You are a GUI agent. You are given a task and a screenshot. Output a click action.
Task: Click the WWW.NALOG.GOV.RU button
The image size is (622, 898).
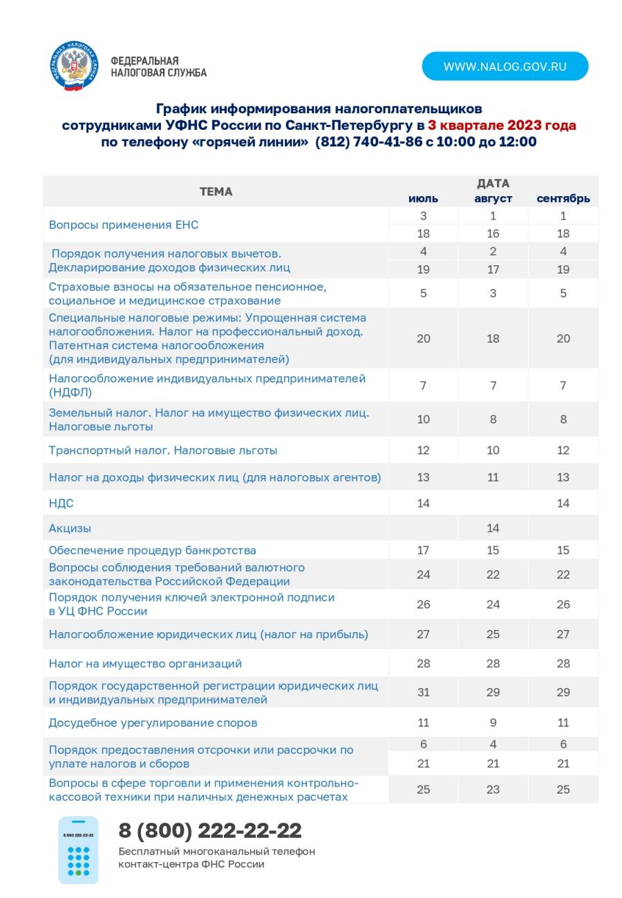tap(505, 66)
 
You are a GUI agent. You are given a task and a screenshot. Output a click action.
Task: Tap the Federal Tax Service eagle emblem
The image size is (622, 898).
tap(73, 66)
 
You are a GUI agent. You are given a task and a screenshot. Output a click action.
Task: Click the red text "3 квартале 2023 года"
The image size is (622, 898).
tap(502, 125)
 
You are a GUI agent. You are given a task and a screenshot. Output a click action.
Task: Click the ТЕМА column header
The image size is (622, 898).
tap(216, 191)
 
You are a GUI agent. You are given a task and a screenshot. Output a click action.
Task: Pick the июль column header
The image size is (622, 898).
tap(423, 199)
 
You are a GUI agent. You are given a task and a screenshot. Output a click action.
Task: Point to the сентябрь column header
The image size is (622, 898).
tap(563, 199)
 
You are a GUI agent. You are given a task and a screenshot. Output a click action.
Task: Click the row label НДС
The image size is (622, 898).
tap(61, 503)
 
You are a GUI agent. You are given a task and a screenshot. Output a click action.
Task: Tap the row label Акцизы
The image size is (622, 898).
tap(70, 528)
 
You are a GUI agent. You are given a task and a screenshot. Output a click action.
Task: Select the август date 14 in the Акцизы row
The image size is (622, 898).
tap(493, 528)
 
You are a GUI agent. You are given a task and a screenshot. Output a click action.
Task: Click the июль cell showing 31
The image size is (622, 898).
tap(423, 692)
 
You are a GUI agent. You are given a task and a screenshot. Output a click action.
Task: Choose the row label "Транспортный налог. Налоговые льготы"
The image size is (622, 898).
tap(162, 450)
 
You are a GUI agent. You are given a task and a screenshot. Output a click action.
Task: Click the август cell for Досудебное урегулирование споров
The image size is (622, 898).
tap(493, 723)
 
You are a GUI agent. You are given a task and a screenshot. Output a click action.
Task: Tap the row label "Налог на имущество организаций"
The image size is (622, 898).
tap(145, 663)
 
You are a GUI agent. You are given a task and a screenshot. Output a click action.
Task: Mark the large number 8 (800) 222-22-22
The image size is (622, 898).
tap(210, 830)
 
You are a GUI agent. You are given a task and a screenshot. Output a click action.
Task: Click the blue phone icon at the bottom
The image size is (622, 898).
tap(78, 850)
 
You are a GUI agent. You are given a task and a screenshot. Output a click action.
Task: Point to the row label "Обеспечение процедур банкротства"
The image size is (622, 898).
tap(152, 551)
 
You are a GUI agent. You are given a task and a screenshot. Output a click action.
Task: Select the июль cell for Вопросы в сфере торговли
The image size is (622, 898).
tap(423, 789)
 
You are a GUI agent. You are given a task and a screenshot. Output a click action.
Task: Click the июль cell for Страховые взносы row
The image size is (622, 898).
tap(423, 293)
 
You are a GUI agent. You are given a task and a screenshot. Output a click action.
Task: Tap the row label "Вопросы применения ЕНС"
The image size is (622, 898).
tap(124, 225)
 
